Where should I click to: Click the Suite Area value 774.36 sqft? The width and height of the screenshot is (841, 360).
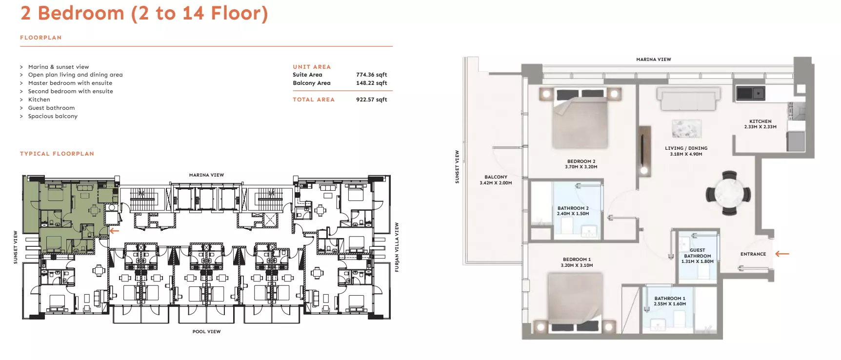(x=371, y=75)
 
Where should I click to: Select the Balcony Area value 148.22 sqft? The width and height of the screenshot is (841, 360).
(x=371, y=83)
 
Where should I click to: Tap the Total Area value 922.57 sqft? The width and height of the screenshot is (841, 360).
(x=371, y=100)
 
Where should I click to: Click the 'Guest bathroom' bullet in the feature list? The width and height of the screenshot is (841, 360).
(x=51, y=108)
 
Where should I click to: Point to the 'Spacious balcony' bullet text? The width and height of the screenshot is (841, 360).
(x=53, y=116)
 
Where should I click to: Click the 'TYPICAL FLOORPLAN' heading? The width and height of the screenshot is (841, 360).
(x=57, y=154)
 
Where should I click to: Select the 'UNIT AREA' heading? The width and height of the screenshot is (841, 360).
(x=312, y=67)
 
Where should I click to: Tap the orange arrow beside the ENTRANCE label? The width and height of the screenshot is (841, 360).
(x=782, y=254)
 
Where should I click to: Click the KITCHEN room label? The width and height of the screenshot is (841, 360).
(x=761, y=121)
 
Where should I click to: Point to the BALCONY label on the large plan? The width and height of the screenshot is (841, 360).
(x=496, y=177)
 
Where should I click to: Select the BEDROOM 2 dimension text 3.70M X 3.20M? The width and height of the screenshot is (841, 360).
(x=581, y=167)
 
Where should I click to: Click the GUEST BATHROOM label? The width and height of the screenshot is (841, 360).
(x=698, y=253)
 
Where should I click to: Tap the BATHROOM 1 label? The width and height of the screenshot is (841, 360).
(x=670, y=299)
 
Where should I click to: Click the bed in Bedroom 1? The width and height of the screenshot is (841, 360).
(x=573, y=302)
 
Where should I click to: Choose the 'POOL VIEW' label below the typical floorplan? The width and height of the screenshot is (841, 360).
(x=206, y=332)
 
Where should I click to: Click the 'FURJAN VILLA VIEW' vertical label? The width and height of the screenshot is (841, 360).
(x=397, y=247)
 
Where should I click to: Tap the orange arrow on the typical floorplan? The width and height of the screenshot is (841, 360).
(x=114, y=231)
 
